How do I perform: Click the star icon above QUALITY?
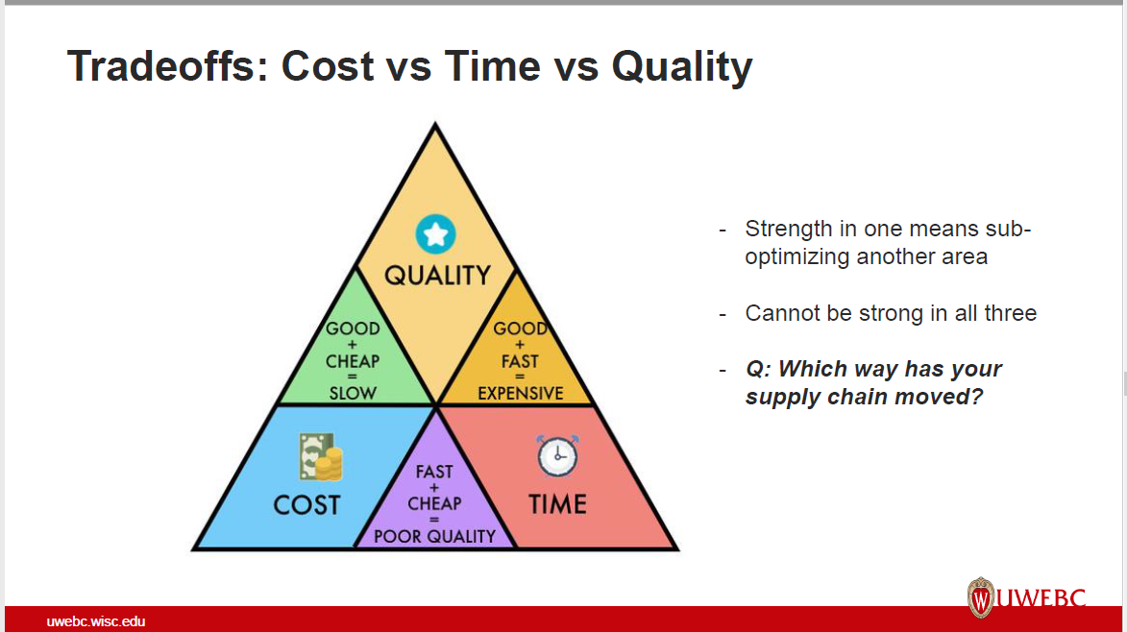pos(435,233)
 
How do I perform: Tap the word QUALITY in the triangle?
pos(437,276)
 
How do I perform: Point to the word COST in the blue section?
pos(306,504)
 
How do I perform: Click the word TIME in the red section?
pos(557,504)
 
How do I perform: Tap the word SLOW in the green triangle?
pos(353,392)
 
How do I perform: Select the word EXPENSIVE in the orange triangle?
pos(520,393)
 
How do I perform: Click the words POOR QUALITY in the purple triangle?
pos(434,536)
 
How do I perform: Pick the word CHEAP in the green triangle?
pos(353,361)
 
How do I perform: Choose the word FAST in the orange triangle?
pos(520,361)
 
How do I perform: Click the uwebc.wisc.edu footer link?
pos(96,621)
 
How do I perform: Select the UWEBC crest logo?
pos(981,597)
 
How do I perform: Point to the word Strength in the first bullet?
pos(789,230)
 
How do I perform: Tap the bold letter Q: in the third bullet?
pos(758,369)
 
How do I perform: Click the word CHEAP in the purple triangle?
pos(434,503)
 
